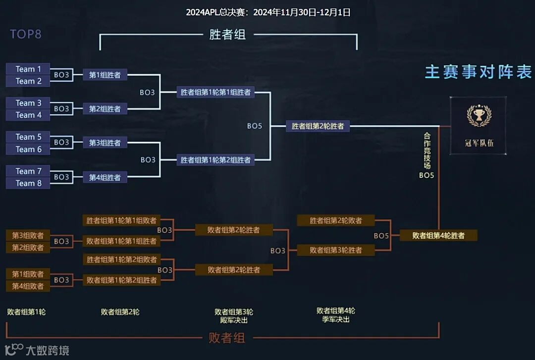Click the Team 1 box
pyautogui.click(x=28, y=69)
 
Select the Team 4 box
pyautogui.click(x=28, y=115)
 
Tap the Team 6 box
pyautogui.click(x=28, y=149)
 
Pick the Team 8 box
pyautogui.click(x=28, y=183)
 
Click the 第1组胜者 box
pyautogui.click(x=105, y=75)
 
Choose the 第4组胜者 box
pyautogui.click(x=105, y=177)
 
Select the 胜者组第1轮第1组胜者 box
pyautogui.click(x=215, y=92)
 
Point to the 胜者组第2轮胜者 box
pyautogui.click(x=318, y=126)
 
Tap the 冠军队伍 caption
pyautogui.click(x=479, y=143)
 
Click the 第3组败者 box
pyautogui.click(x=28, y=235)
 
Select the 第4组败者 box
pyautogui.click(x=28, y=286)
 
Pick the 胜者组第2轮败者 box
pyautogui.click(x=336, y=220)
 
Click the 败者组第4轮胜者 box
pyautogui.click(x=438, y=236)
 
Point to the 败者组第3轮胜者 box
pyautogui.click(x=336, y=250)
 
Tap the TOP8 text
pyautogui.click(x=26, y=34)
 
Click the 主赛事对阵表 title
pyautogui.click(x=478, y=72)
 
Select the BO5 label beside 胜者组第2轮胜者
pyautogui.click(x=255, y=126)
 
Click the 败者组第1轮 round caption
pyautogui.click(x=26, y=312)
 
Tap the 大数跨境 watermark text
pyautogui.click(x=48, y=351)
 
